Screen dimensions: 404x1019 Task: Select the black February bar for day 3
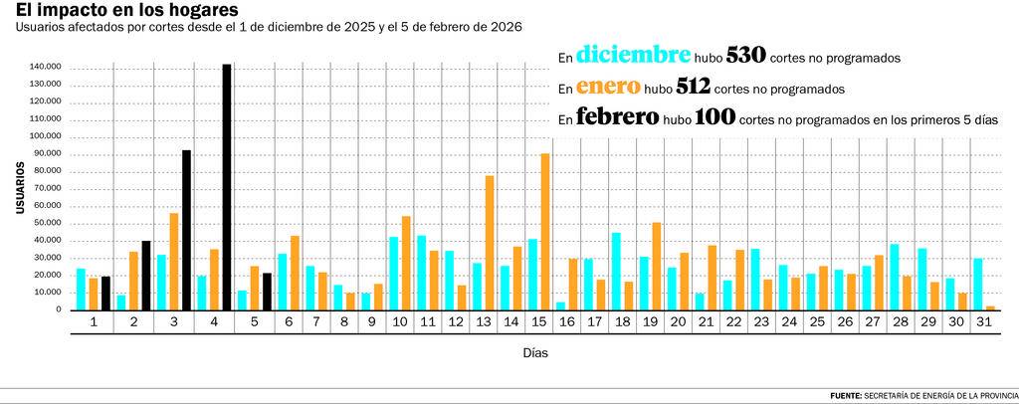pyautogui.click(x=186, y=230)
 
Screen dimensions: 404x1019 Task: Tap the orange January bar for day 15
pyautogui.click(x=545, y=231)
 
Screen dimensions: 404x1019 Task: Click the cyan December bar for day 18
pyautogui.click(x=616, y=271)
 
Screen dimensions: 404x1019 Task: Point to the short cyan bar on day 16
pyautogui.click(x=560, y=305)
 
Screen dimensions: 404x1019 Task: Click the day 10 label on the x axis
pyautogui.click(x=400, y=322)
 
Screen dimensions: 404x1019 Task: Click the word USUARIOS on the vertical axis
pyautogui.click(x=19, y=187)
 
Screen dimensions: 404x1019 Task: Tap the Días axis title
pyautogui.click(x=534, y=352)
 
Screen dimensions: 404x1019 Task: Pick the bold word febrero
pyautogui.click(x=617, y=117)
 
